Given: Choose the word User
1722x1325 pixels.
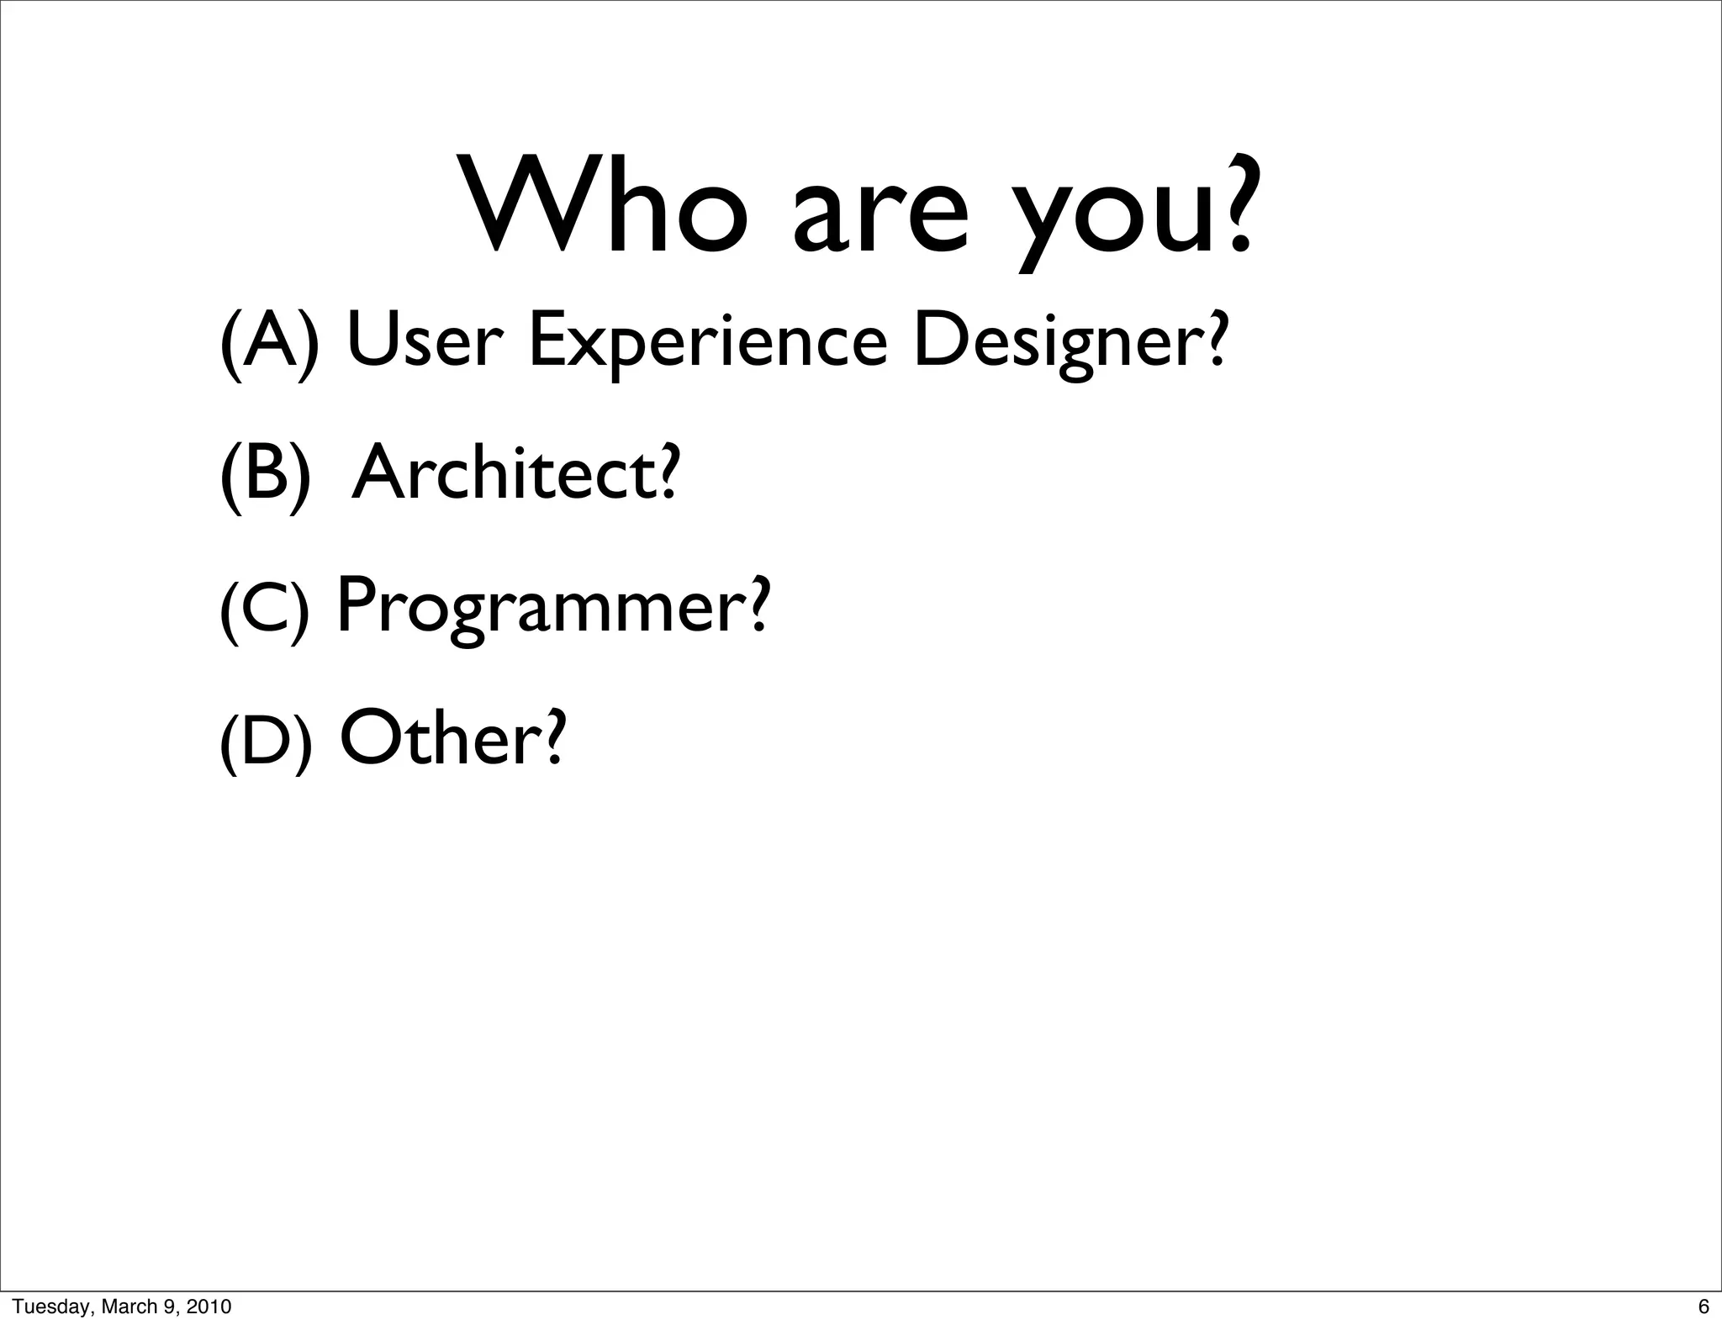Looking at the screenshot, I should (424, 341).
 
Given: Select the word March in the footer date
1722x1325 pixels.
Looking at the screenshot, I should (128, 1307).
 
